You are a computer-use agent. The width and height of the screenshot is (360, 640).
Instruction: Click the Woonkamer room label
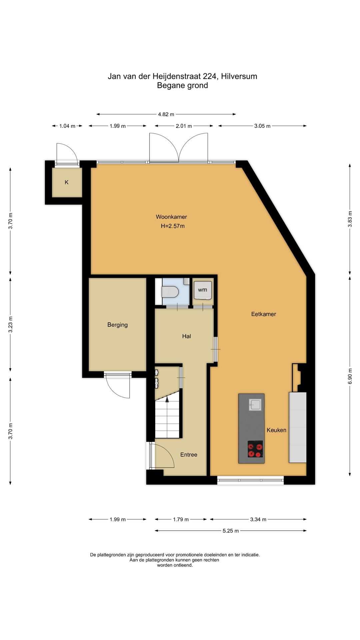pyautogui.click(x=171, y=217)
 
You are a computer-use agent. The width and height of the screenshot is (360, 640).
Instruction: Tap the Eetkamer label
pyautogui.click(x=264, y=314)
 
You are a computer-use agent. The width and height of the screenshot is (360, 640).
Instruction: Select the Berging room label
pyautogui.click(x=117, y=325)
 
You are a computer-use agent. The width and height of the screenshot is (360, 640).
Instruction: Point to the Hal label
pyautogui.click(x=187, y=336)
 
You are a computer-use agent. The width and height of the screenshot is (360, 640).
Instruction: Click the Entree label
pyautogui.click(x=189, y=455)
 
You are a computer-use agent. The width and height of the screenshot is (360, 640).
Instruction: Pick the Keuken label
pyautogui.click(x=276, y=430)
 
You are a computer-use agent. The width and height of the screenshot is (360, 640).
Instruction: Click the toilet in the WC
pyautogui.click(x=170, y=292)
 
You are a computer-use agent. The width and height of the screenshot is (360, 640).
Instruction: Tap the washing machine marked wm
pyautogui.click(x=203, y=290)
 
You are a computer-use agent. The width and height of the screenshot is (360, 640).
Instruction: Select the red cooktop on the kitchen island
pyautogui.click(x=255, y=449)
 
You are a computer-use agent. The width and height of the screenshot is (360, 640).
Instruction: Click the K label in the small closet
pyautogui.click(x=67, y=182)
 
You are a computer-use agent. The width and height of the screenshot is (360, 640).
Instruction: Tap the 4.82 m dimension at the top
pyautogui.click(x=166, y=114)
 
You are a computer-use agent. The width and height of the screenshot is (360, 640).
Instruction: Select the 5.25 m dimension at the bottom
pyautogui.click(x=231, y=531)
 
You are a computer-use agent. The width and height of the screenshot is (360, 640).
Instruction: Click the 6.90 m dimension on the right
pyautogui.click(x=350, y=376)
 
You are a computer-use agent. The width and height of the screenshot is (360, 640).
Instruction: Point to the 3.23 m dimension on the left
pyautogui.click(x=11, y=324)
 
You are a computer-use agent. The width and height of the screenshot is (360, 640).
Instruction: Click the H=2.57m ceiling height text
pyautogui.click(x=173, y=226)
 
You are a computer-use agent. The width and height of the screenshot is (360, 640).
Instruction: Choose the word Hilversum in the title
pyautogui.click(x=239, y=76)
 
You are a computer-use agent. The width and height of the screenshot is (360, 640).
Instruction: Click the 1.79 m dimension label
pyautogui.click(x=181, y=519)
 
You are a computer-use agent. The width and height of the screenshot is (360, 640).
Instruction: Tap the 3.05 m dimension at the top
pyautogui.click(x=262, y=126)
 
